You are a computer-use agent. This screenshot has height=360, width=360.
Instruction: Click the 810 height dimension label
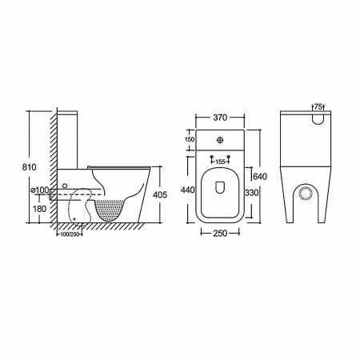(30, 167)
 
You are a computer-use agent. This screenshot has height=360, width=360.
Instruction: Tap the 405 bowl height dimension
(160, 195)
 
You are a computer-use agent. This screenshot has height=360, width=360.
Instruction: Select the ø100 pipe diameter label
(40, 190)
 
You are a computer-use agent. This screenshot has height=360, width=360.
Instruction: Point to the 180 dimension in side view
(39, 209)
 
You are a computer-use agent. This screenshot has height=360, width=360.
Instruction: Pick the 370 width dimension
(220, 118)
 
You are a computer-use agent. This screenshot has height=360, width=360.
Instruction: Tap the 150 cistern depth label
(190, 139)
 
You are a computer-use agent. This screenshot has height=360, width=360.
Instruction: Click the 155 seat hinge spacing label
(220, 162)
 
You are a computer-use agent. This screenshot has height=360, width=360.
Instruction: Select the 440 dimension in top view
(188, 190)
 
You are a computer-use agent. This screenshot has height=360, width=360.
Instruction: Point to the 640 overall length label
(260, 176)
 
